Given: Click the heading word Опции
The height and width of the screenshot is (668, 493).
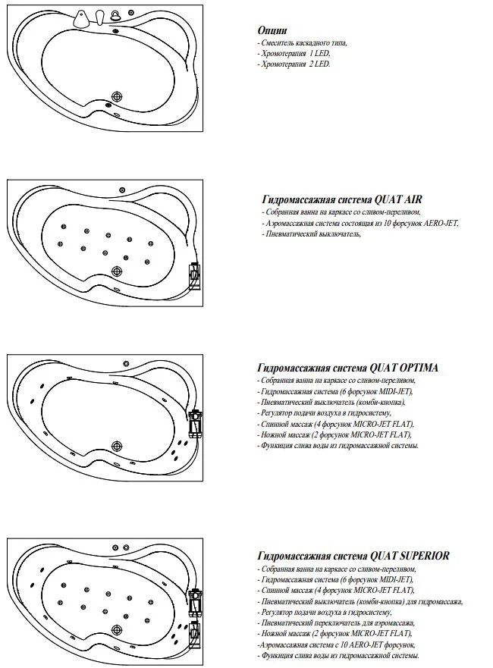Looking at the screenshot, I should (x=272, y=30).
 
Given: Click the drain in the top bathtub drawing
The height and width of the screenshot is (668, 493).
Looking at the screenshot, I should (x=118, y=96).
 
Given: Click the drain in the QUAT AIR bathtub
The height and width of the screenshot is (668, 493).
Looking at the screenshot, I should (x=118, y=271).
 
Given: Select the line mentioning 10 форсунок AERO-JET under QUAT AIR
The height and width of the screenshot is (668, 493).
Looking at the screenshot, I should (x=361, y=224).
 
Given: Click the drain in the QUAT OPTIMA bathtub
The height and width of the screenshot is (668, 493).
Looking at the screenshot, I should (x=117, y=446).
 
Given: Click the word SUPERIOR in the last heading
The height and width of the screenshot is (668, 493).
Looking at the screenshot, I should (x=421, y=555).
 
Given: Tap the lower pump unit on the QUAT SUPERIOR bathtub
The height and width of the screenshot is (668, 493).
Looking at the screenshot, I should (x=195, y=629).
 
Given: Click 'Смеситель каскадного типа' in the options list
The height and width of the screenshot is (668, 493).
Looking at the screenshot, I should (x=302, y=44).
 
